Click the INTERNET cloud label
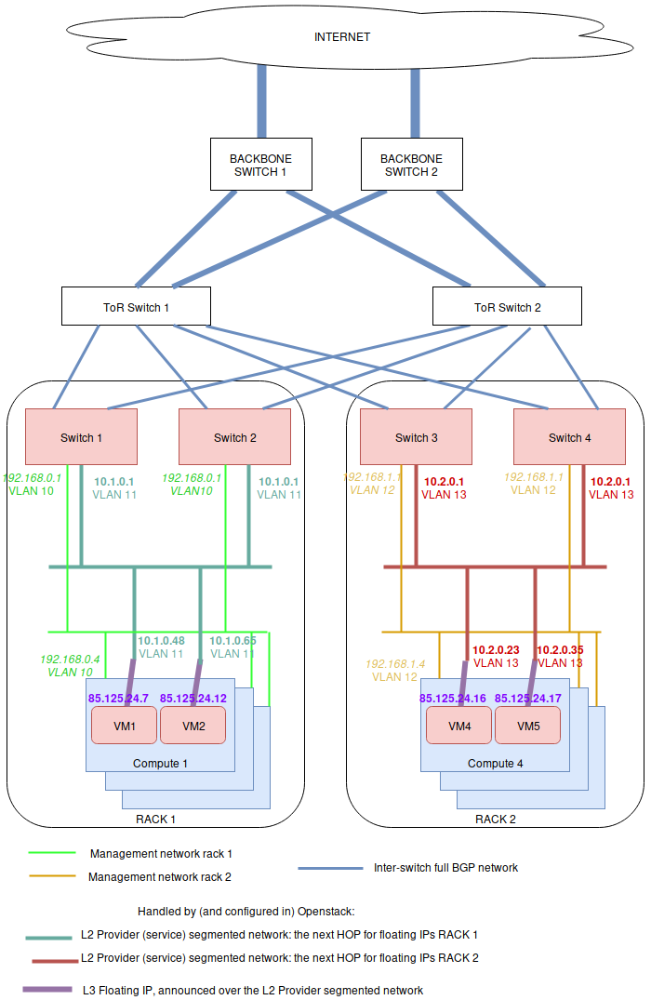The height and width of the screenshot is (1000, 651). pyautogui.click(x=342, y=37)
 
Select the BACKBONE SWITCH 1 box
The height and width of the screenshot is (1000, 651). pyautogui.click(x=258, y=166)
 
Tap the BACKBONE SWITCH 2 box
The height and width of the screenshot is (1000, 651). pyautogui.click(x=411, y=166)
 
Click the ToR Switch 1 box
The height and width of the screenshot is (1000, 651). pyautogui.click(x=136, y=307)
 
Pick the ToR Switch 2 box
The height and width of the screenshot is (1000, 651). pyautogui.click(x=507, y=307)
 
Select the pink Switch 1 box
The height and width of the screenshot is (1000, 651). pyautogui.click(x=81, y=437)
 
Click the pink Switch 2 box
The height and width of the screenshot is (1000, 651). pyautogui.click(x=234, y=437)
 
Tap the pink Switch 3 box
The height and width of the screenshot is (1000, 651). pyautogui.click(x=416, y=437)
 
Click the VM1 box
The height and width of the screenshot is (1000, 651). pyautogui.click(x=124, y=726)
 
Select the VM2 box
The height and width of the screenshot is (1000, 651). pyautogui.click(x=193, y=726)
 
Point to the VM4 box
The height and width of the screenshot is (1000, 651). pyautogui.click(x=459, y=726)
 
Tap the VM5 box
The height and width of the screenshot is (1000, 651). pyautogui.click(x=527, y=726)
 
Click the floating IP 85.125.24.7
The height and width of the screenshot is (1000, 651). pyautogui.click(x=118, y=698)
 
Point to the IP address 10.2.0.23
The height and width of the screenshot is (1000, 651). pyautogui.click(x=495, y=650)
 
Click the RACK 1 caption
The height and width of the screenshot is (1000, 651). pyautogui.click(x=155, y=820)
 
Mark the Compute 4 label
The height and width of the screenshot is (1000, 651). pyautogui.click(x=495, y=764)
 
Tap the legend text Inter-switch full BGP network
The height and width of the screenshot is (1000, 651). pyautogui.click(x=445, y=868)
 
